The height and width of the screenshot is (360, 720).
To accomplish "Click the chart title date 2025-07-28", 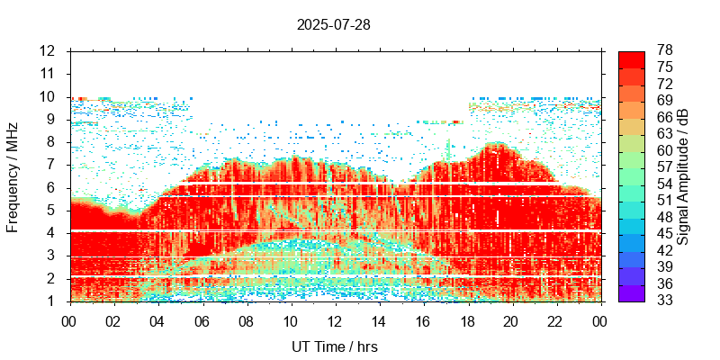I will click(333, 24).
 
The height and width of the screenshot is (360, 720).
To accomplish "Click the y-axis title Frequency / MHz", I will click(13, 176).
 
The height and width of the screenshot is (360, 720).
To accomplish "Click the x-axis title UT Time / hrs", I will click(334, 346).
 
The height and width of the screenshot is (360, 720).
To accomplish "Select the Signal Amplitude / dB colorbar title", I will click(683, 176).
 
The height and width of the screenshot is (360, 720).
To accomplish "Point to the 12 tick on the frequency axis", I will click(48, 50).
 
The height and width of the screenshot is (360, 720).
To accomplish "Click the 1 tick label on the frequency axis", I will click(52, 301).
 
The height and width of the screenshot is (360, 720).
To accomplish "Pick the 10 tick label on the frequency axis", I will click(48, 96).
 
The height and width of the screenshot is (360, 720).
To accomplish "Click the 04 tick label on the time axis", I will click(157, 319).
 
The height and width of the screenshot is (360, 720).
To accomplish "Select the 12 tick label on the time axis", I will click(334, 319).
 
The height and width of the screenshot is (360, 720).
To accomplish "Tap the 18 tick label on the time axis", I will click(467, 319).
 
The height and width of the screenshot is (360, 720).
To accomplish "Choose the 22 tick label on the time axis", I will click(555, 319).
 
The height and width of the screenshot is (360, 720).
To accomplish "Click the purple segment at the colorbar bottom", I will click(632, 292).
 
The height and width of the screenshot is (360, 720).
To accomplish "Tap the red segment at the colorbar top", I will click(632, 58).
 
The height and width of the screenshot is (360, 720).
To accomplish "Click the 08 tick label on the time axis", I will click(246, 319).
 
